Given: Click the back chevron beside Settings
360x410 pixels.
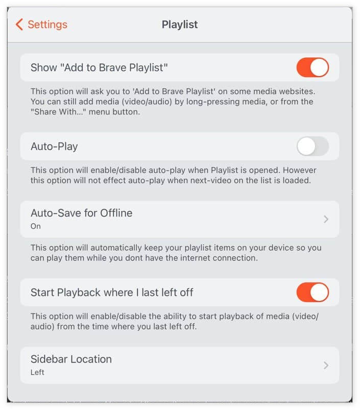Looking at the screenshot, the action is pos(19,25).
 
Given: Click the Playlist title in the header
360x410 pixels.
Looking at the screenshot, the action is pos(180,25).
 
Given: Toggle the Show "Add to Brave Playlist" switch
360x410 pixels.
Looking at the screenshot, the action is pos(313,67).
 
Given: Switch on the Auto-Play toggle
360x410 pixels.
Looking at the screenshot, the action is pos(313,146).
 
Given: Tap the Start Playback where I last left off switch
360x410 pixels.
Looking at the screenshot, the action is pos(313,292).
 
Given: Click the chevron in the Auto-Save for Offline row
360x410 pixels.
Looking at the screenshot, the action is pos(326,219).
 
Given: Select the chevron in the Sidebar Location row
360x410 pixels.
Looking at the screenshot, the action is pos(326,365).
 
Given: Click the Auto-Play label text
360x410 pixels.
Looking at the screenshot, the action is pos(54,147).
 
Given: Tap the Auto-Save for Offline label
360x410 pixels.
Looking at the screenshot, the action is pos(82,213).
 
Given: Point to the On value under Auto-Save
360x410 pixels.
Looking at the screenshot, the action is pos(36,226).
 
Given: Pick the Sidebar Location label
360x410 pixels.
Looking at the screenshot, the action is pos(71,359).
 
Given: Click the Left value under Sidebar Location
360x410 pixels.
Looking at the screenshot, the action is pos(37,372).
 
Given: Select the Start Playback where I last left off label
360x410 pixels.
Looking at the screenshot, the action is pos(112,293).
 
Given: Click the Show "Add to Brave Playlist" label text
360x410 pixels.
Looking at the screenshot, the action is pos(99,67).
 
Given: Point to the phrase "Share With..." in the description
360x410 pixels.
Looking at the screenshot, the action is pos(59,112).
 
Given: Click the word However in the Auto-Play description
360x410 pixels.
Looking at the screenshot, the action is pos(300,170).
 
